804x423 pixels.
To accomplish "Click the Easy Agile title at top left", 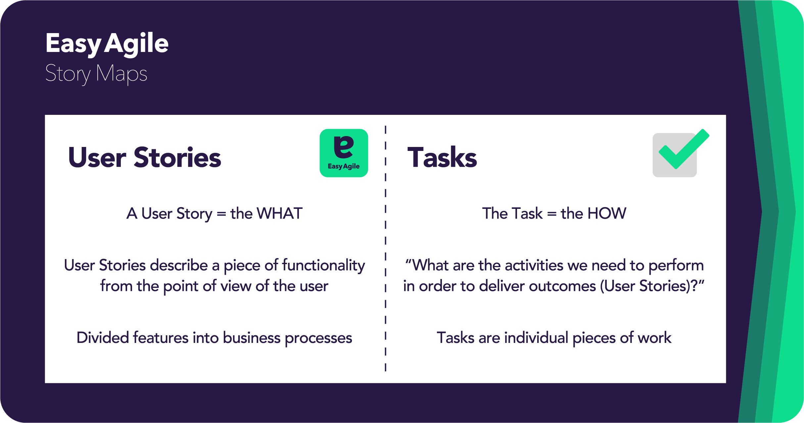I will click(107, 43).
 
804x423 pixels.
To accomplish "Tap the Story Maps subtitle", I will click(96, 73).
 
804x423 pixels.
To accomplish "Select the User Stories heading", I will click(144, 158).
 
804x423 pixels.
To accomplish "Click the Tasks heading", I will click(442, 158).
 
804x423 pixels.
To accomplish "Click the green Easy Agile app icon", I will click(344, 153).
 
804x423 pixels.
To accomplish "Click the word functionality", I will click(323, 266).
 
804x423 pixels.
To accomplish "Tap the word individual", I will click(536, 338).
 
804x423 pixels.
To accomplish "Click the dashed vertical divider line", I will click(385, 248).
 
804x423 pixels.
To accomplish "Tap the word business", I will click(252, 338).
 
